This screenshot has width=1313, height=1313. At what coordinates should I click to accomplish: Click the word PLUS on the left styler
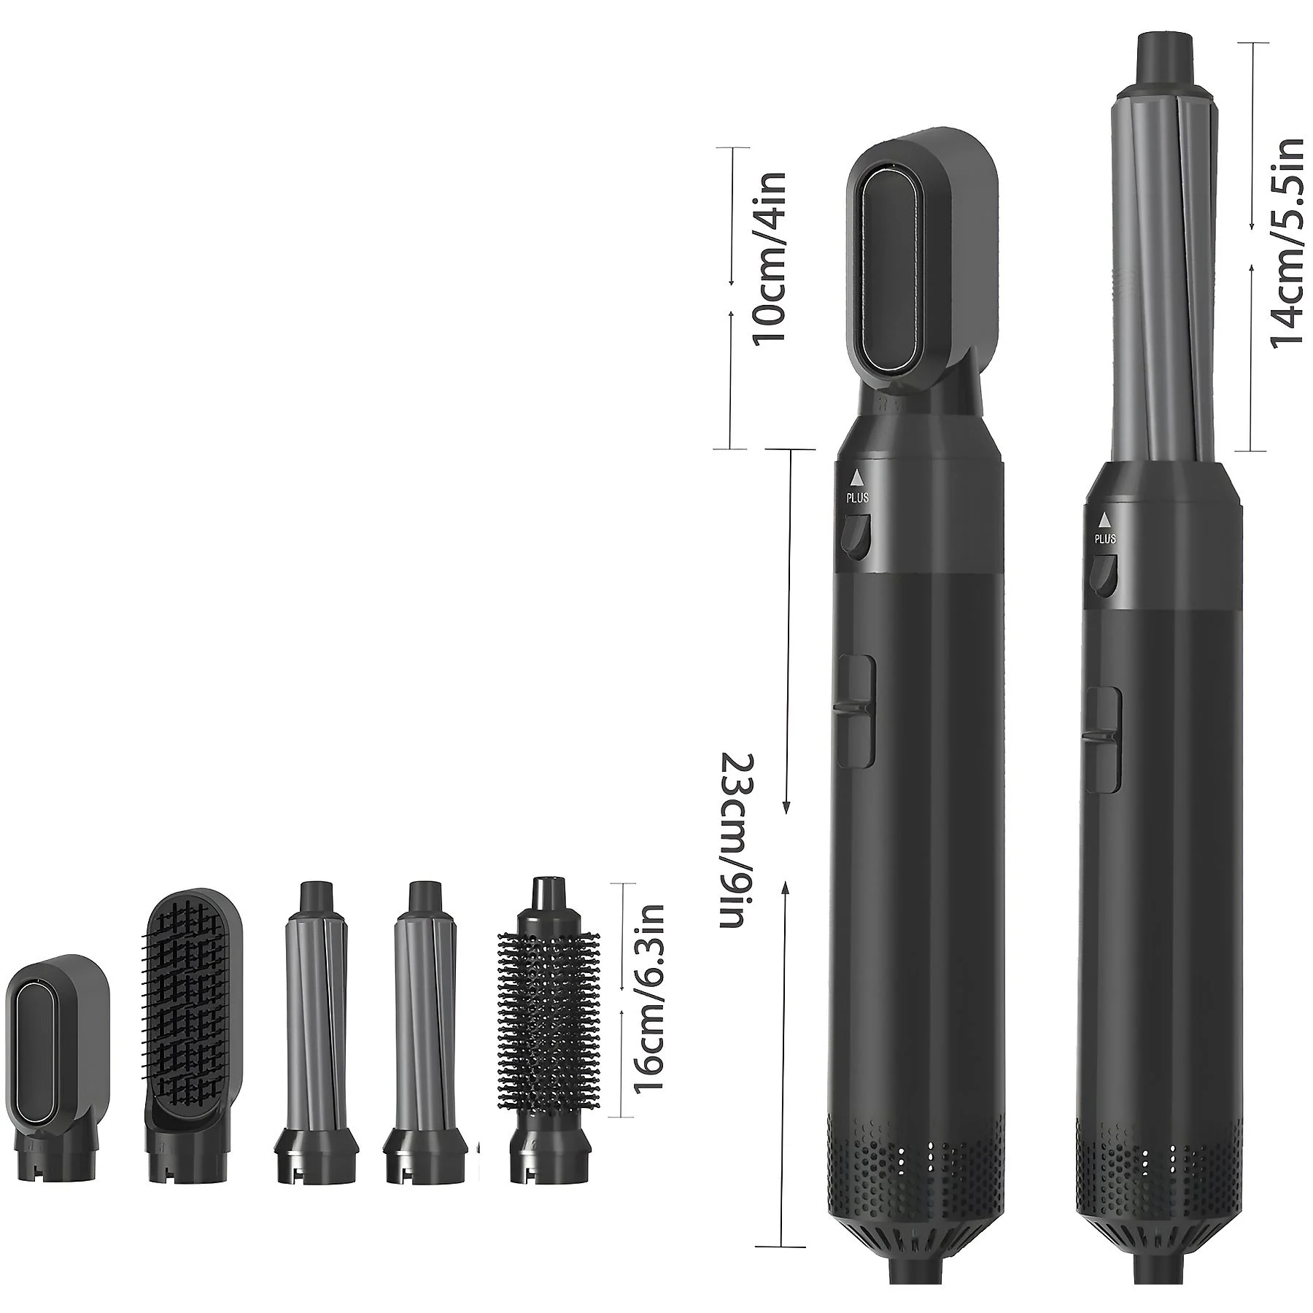click(x=858, y=499)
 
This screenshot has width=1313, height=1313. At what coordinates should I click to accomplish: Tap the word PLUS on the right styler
click(x=1105, y=540)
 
